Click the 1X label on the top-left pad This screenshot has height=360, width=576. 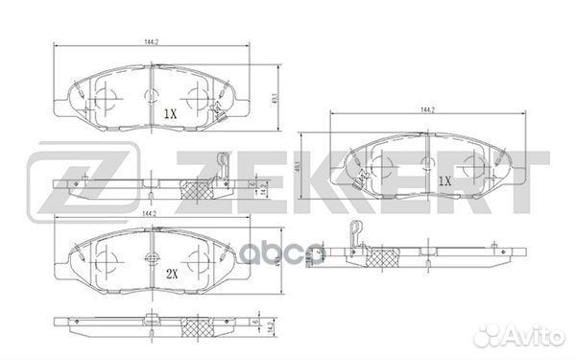point(171,113)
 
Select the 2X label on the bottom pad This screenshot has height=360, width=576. point(173,275)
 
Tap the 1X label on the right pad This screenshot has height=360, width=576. point(444,180)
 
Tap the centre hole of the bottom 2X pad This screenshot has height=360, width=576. point(152,258)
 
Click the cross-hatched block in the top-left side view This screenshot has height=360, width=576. point(197,191)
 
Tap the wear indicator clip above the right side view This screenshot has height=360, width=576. point(354,230)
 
